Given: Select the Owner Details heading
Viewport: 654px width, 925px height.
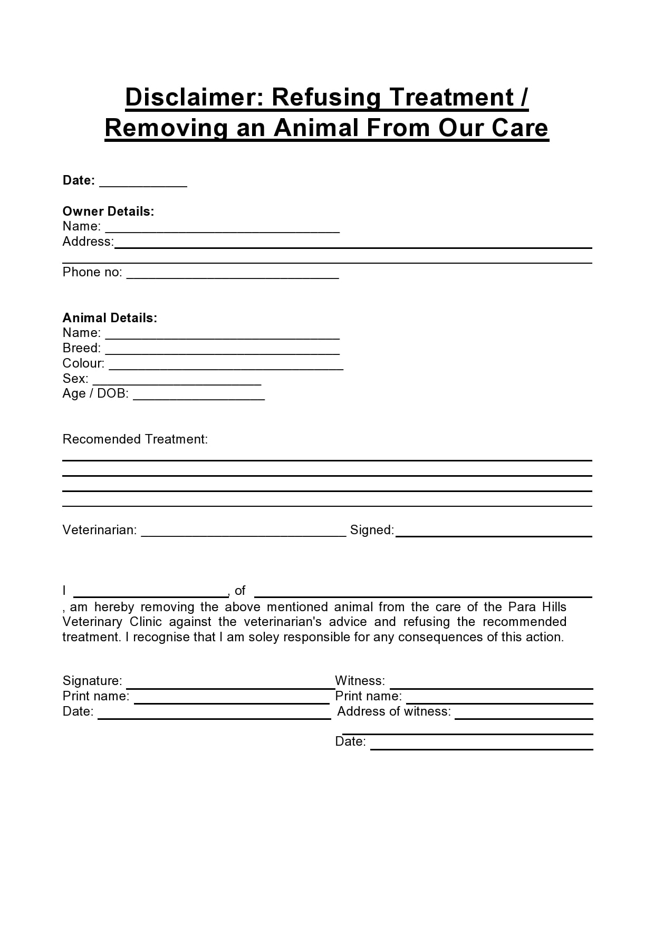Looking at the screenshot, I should [x=108, y=211].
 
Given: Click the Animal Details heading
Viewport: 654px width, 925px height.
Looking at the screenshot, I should [x=110, y=318].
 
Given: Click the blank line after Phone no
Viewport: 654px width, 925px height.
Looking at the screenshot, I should [x=233, y=277].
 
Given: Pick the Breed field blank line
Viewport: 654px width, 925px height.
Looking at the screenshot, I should [x=222, y=353].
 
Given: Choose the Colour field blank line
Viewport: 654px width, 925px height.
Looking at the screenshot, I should [x=226, y=368].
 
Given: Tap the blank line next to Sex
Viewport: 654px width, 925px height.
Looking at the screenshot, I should [x=177, y=383].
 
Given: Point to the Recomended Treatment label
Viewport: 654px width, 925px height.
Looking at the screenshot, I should [x=135, y=439].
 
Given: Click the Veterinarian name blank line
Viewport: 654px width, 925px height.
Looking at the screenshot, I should [x=244, y=535].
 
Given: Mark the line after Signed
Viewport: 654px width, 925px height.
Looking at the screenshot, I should [x=494, y=535].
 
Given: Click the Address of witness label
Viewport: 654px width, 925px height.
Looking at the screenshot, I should [x=394, y=711].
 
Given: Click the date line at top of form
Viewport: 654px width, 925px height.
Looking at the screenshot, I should [x=143, y=185].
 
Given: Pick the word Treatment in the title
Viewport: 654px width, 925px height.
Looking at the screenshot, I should [x=451, y=98].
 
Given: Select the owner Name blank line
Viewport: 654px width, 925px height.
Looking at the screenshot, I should [x=222, y=231].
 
